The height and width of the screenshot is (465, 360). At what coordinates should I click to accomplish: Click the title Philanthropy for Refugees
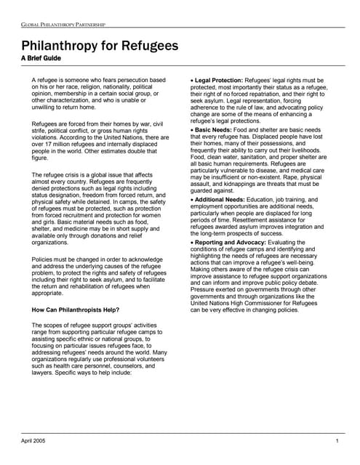100,46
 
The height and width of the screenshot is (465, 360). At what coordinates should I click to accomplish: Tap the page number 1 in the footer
337,441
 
